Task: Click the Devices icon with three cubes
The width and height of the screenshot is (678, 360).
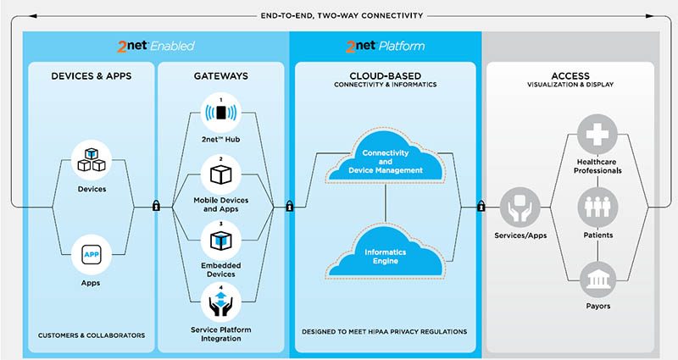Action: pos(91,158)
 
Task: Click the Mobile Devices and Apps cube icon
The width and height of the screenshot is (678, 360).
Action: pos(220,174)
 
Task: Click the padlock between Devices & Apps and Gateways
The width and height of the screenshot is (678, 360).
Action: pos(155,205)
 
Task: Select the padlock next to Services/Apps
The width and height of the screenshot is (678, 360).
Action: pos(481,205)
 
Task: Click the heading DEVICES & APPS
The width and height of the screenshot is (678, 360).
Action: pos(91,76)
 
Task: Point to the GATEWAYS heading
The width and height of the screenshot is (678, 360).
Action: pos(220,76)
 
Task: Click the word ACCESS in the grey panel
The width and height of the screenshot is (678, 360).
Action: pos(570,76)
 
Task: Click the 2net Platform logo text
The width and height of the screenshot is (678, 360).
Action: pos(385,45)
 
